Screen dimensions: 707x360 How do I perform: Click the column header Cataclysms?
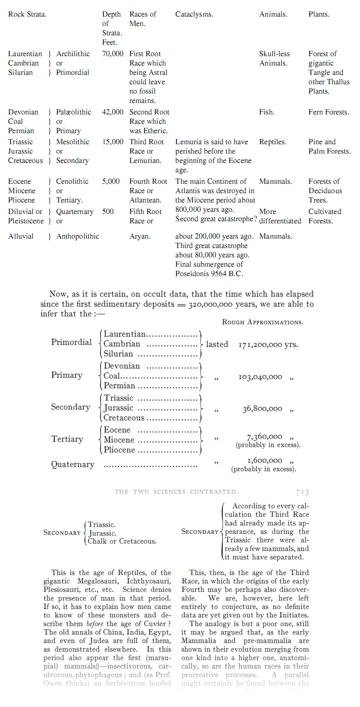[x=194, y=14]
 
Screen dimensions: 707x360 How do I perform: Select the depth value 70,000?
[x=113, y=54]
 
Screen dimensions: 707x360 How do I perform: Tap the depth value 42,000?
[x=113, y=112]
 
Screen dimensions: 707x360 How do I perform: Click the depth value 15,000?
[x=113, y=142]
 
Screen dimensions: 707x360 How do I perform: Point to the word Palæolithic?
[x=74, y=112]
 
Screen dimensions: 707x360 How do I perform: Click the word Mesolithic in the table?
[x=73, y=142]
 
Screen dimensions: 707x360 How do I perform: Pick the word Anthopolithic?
[x=77, y=237]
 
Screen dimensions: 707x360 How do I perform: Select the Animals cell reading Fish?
[x=267, y=112]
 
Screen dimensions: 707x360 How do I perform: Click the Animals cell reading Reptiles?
[x=273, y=142]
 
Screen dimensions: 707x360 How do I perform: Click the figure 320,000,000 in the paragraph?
[x=211, y=305]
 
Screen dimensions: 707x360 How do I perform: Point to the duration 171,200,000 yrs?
[x=268, y=345]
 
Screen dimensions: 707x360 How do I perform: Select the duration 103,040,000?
[x=260, y=377]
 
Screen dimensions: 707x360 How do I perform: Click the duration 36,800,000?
[x=262, y=409]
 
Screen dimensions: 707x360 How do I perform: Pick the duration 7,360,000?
[x=264, y=437]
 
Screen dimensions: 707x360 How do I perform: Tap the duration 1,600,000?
[x=265, y=461]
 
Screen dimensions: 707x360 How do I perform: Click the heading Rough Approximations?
[x=263, y=322]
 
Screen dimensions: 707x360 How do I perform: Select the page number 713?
[x=303, y=492]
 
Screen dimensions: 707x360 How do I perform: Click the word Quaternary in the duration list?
[x=73, y=465]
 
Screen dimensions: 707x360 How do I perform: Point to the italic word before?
[x=95, y=624]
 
